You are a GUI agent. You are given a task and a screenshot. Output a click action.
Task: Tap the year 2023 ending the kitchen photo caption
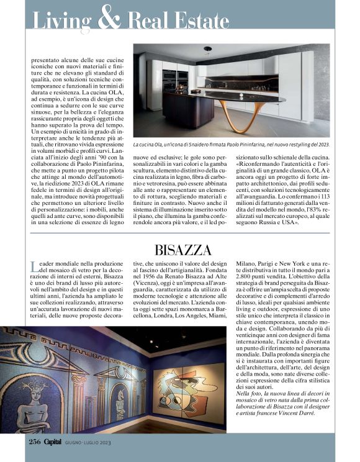(320, 144)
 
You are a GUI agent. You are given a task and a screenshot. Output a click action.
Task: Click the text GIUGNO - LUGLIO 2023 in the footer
(92, 442)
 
